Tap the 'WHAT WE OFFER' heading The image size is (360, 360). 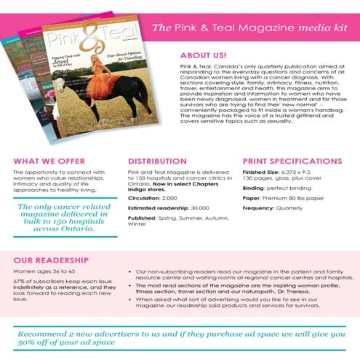click(44, 161)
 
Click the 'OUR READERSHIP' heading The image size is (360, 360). click(52, 260)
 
